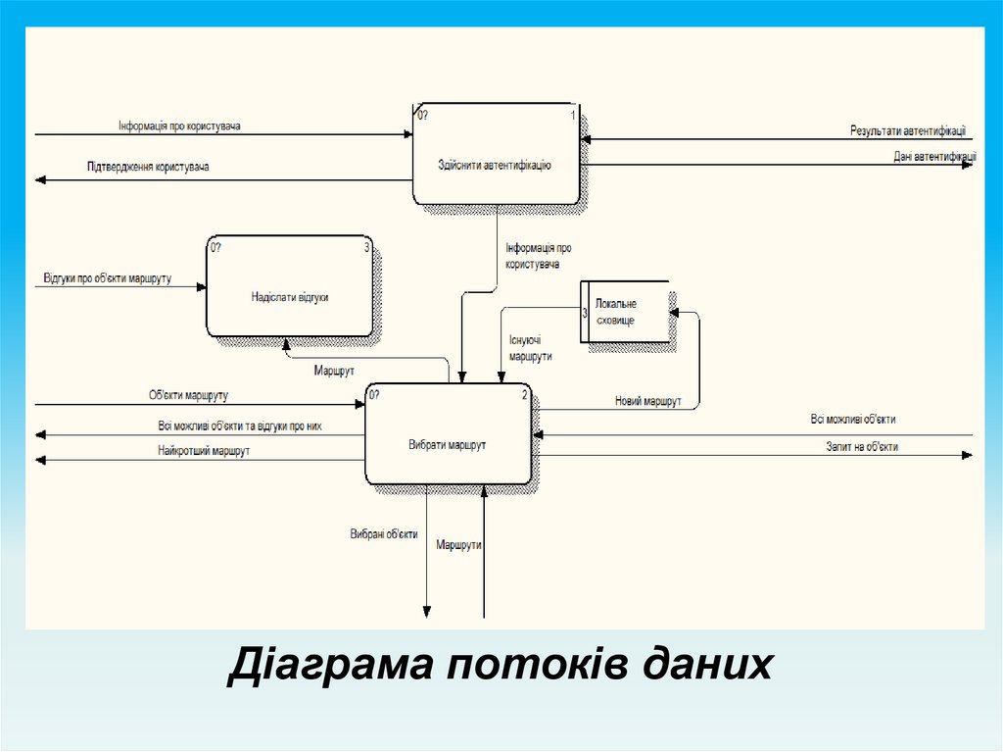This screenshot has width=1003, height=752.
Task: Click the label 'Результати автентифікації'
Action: pyautogui.click(x=907, y=129)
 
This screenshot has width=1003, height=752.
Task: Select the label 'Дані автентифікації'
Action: pyautogui.click(x=933, y=155)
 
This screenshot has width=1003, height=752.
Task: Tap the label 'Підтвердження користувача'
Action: pyautogui.click(x=148, y=168)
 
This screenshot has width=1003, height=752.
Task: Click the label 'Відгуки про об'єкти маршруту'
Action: pyautogui.click(x=108, y=278)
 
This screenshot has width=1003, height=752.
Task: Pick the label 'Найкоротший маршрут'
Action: pyautogui.click(x=204, y=451)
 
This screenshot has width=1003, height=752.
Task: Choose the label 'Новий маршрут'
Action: pyautogui.click(x=647, y=400)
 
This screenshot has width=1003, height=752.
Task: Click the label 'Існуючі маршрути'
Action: pyautogui.click(x=530, y=349)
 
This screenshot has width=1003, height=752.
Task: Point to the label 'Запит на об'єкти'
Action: pyautogui.click(x=862, y=446)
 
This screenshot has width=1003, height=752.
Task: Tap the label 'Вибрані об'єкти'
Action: pyautogui.click(x=384, y=534)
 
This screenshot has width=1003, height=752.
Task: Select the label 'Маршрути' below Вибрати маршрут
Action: pyautogui.click(x=459, y=544)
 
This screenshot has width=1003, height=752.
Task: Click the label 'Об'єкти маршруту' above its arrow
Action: pyautogui.click(x=188, y=395)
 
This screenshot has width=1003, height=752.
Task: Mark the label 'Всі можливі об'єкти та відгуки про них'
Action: pyautogui.click(x=239, y=426)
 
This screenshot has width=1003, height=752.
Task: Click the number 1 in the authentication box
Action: pyautogui.click(x=573, y=116)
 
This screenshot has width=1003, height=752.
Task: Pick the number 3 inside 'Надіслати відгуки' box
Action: pyautogui.click(x=367, y=248)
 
